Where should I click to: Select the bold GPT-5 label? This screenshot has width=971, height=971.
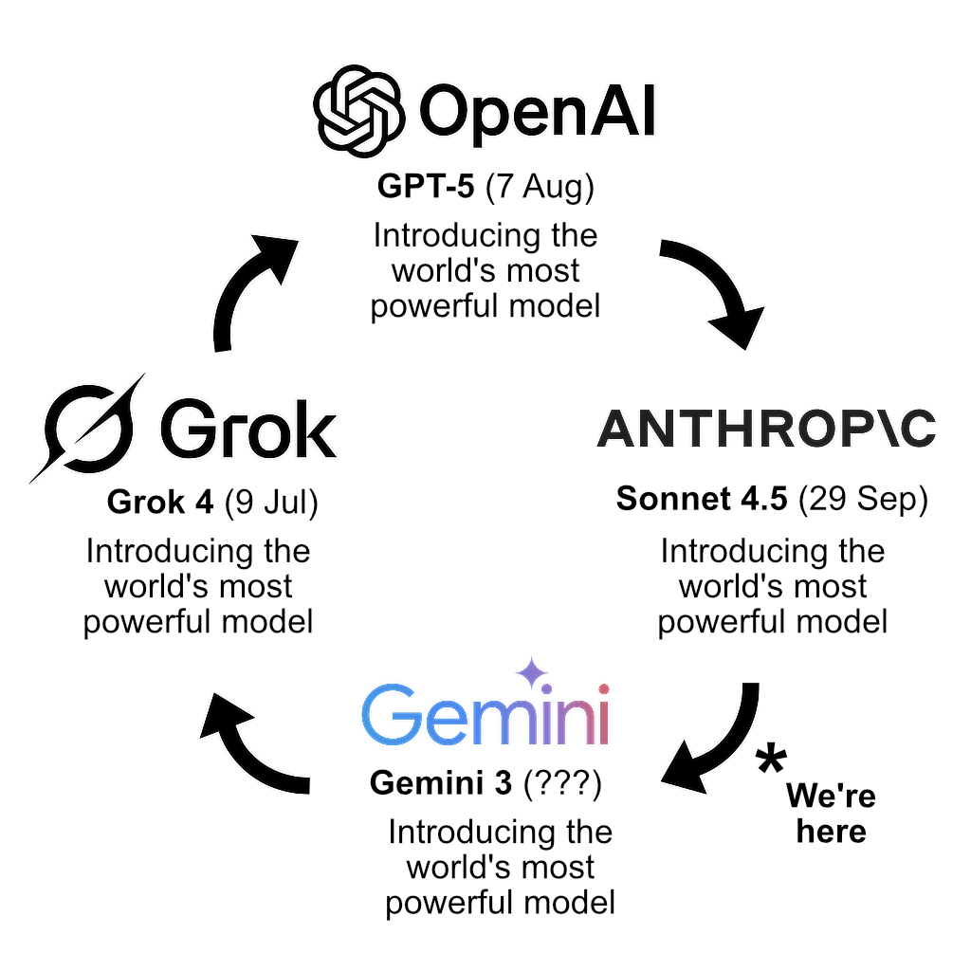coord(426,186)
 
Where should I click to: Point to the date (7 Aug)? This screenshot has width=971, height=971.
coord(540,187)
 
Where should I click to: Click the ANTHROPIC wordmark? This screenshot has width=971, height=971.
coord(766,430)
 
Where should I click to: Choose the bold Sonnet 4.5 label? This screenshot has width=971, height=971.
coord(702,499)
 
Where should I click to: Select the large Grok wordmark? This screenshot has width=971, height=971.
coord(248,430)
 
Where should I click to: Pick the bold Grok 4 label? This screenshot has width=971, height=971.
coord(160,503)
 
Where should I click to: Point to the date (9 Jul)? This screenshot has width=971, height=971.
coord(271,503)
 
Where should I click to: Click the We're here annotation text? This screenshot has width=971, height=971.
coord(831,813)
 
